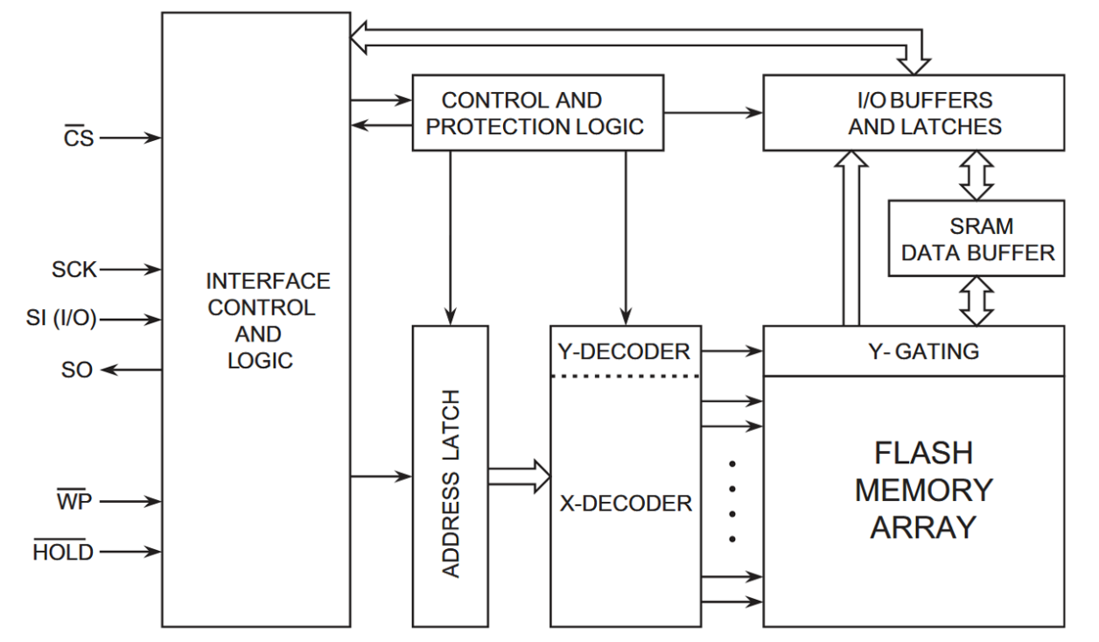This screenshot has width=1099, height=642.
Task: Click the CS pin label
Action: click(x=79, y=138)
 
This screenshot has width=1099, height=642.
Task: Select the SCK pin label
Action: click(x=73, y=270)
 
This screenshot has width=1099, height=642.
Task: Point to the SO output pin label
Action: click(x=77, y=370)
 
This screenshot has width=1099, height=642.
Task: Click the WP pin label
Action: click(x=74, y=502)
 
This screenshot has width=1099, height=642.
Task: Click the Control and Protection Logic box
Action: click(x=535, y=113)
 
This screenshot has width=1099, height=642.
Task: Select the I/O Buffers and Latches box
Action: click(x=913, y=113)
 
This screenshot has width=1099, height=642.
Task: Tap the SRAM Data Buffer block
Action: click(x=976, y=239)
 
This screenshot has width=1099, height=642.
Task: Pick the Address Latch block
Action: click(x=450, y=476)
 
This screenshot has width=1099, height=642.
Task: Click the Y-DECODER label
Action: click(x=624, y=352)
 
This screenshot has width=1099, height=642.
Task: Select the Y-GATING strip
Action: click(x=913, y=352)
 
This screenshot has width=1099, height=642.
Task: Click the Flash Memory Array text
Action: click(x=923, y=490)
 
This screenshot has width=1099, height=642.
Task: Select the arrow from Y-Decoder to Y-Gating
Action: click(x=731, y=352)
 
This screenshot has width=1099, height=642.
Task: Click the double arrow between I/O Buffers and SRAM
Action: click(x=976, y=175)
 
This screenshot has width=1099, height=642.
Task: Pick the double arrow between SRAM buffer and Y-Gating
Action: click(x=976, y=301)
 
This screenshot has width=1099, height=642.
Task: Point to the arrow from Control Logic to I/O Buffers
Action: click(x=712, y=113)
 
